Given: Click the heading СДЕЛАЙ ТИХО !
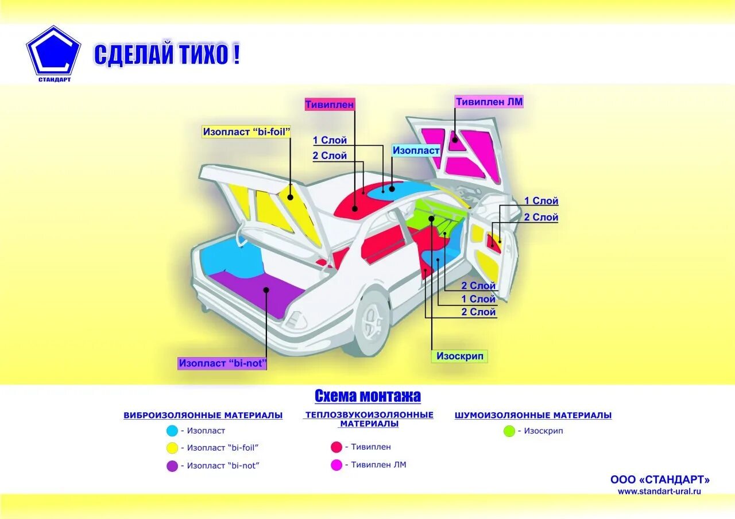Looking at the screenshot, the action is (167, 55).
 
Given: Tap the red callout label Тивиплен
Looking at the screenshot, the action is (330, 104).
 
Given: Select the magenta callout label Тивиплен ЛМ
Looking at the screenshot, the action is (489, 102).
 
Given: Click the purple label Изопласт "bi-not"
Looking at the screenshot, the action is (223, 363).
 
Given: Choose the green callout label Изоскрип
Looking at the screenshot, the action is (459, 356).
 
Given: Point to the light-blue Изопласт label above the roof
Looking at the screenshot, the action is (416, 150).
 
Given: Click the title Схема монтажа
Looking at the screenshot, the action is (367, 396).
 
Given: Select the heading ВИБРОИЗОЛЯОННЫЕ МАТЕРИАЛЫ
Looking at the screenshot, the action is (203, 415).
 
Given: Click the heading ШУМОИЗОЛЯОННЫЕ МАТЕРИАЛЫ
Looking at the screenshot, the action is (533, 415).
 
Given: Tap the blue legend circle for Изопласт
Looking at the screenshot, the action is (172, 431).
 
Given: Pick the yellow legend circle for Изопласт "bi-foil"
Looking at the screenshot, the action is (172, 448).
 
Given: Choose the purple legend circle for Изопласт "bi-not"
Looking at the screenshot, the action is (172, 466).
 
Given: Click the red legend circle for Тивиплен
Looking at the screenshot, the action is (336, 447).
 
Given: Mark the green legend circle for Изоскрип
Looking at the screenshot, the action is (509, 431).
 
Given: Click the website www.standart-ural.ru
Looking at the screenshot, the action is (659, 491).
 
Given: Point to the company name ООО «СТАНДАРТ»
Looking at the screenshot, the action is (660, 479).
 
